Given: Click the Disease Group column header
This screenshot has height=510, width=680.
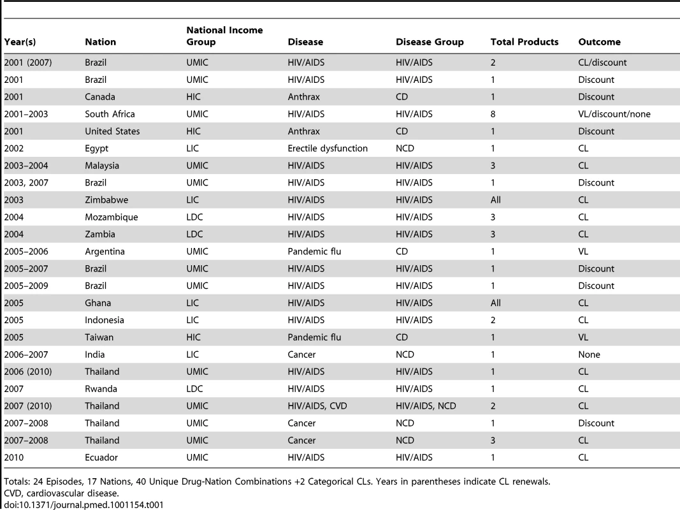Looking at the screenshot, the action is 430,42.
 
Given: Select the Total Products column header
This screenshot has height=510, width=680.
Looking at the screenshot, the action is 524,42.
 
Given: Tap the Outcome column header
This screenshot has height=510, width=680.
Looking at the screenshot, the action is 599,42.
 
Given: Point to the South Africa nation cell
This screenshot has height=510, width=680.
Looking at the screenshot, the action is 110,114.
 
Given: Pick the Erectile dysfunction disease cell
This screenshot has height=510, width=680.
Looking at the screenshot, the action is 328,149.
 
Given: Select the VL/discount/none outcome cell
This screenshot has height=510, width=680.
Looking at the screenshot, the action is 614,114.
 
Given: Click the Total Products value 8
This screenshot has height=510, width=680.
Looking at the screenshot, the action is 493,114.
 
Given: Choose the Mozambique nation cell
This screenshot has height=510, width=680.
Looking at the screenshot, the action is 112,217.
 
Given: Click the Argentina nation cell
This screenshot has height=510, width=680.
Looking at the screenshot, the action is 105,252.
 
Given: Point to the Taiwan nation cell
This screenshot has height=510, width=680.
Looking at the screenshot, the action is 99,337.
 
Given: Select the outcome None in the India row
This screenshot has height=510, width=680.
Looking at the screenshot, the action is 589,354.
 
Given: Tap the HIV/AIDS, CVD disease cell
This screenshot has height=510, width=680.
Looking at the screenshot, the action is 317,406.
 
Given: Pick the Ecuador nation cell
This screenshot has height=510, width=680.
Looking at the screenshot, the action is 101,458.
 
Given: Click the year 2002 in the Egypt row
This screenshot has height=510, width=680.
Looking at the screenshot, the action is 14,149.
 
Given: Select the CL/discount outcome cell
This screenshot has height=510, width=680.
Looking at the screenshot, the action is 602,62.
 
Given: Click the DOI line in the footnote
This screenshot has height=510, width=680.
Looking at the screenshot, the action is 83,505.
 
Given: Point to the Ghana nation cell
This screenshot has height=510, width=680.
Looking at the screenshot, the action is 98,303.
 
